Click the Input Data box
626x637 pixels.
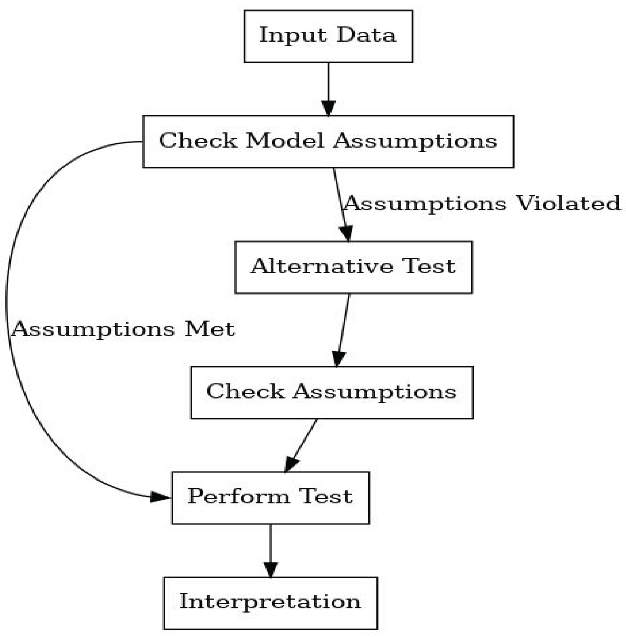[x=328, y=36]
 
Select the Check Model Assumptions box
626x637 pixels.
[x=328, y=142]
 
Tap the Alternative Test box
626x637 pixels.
[x=353, y=267]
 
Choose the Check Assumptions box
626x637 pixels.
[x=332, y=393]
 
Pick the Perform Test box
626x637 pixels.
[x=270, y=498]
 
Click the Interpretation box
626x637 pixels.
[x=270, y=603]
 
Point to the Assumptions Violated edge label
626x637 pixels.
[x=482, y=204]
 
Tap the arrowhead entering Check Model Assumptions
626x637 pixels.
[x=328, y=108]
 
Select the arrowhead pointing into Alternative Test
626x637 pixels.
[x=346, y=233]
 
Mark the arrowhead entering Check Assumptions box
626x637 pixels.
[x=338, y=359]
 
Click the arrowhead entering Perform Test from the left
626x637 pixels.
[x=159, y=497]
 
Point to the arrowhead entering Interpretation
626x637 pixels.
[x=270, y=569]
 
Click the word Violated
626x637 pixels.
[x=568, y=204]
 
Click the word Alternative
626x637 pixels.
[x=322, y=266]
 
